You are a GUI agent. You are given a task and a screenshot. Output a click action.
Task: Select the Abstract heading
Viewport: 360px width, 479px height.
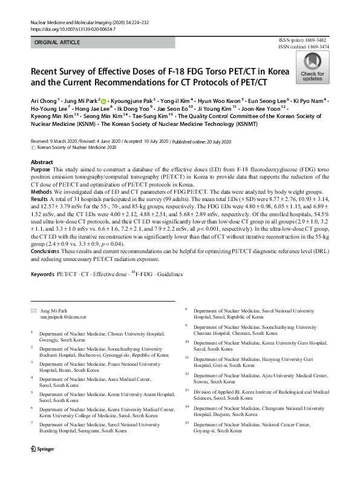point(42,163)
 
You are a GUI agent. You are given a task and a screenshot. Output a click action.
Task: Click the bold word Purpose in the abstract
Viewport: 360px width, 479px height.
point(42,171)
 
